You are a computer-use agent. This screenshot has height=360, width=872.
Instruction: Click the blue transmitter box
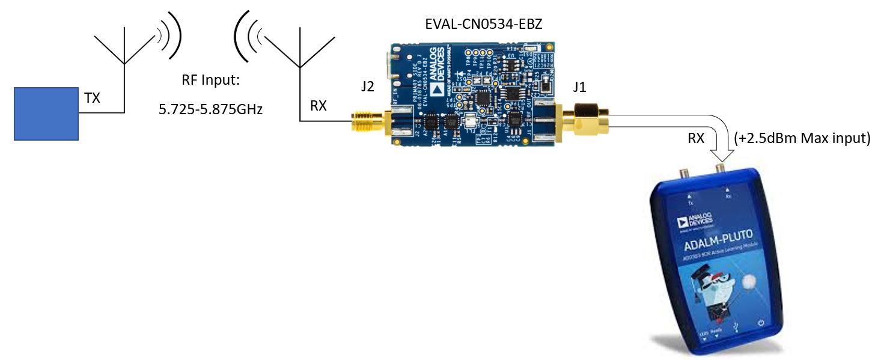[x=47, y=114]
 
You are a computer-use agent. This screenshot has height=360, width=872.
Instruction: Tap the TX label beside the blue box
[x=92, y=99]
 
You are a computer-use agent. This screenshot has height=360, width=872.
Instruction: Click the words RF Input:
[x=210, y=81]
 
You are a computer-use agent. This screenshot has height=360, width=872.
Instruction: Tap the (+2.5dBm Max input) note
[x=802, y=138]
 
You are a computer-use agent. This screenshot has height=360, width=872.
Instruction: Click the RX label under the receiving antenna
[x=318, y=106]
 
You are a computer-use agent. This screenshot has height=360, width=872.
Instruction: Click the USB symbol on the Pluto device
[x=738, y=328]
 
